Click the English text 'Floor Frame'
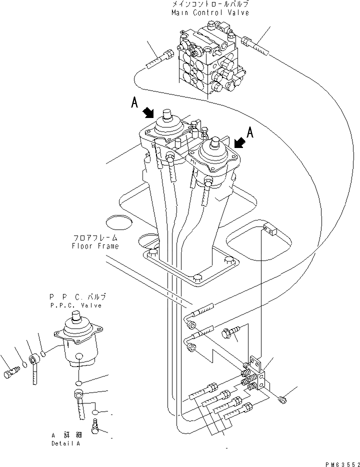tap(96, 246)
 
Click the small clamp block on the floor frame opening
tap(269, 229)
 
